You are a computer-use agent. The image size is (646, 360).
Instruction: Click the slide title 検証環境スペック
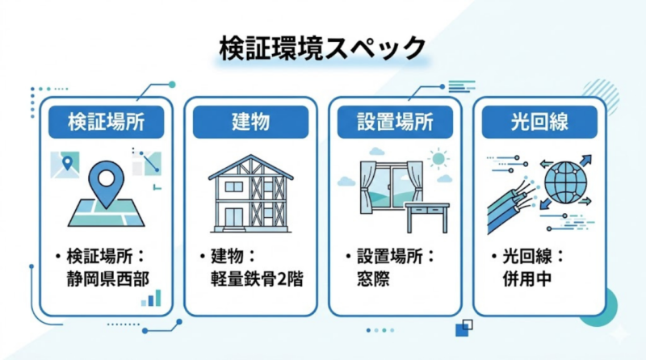point(322,48)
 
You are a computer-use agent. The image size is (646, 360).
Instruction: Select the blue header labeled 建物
point(250,123)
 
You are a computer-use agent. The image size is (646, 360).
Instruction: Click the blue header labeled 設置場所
point(395,123)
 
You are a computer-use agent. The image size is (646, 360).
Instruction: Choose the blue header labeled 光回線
point(539,123)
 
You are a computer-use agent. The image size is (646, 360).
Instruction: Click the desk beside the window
point(426,215)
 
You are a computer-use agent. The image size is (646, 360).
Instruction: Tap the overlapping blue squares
point(464,327)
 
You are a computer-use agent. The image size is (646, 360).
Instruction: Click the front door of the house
point(234,216)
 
